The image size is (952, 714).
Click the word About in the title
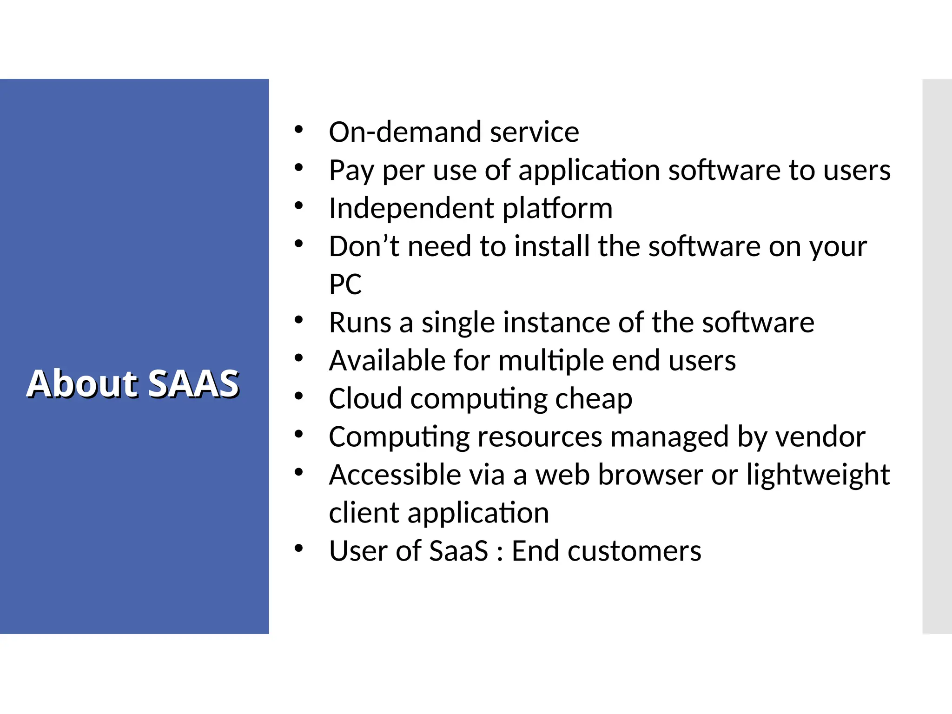[82, 384]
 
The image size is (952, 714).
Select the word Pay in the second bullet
[351, 170]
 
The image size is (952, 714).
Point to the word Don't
[364, 246]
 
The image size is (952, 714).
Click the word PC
[345, 284]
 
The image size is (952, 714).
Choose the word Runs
[360, 323]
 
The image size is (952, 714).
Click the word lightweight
[818, 475]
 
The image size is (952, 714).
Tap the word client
[364, 513]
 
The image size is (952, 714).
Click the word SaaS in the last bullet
[458, 551]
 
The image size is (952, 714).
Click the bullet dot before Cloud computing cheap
[298, 396]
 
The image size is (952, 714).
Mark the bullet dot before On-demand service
[298, 130]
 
